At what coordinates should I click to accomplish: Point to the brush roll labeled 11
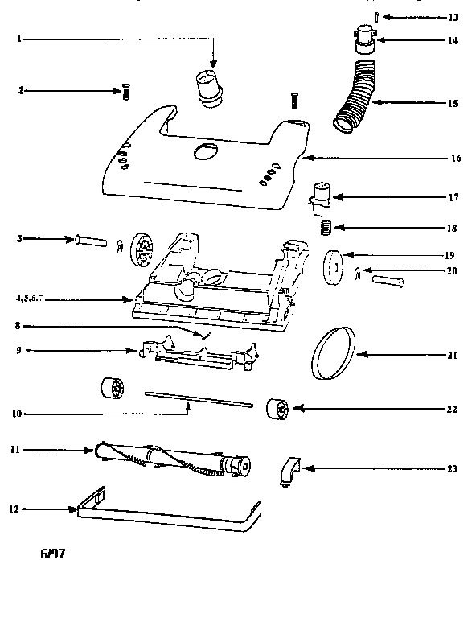click(x=174, y=457)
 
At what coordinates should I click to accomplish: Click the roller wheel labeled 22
click(x=277, y=410)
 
